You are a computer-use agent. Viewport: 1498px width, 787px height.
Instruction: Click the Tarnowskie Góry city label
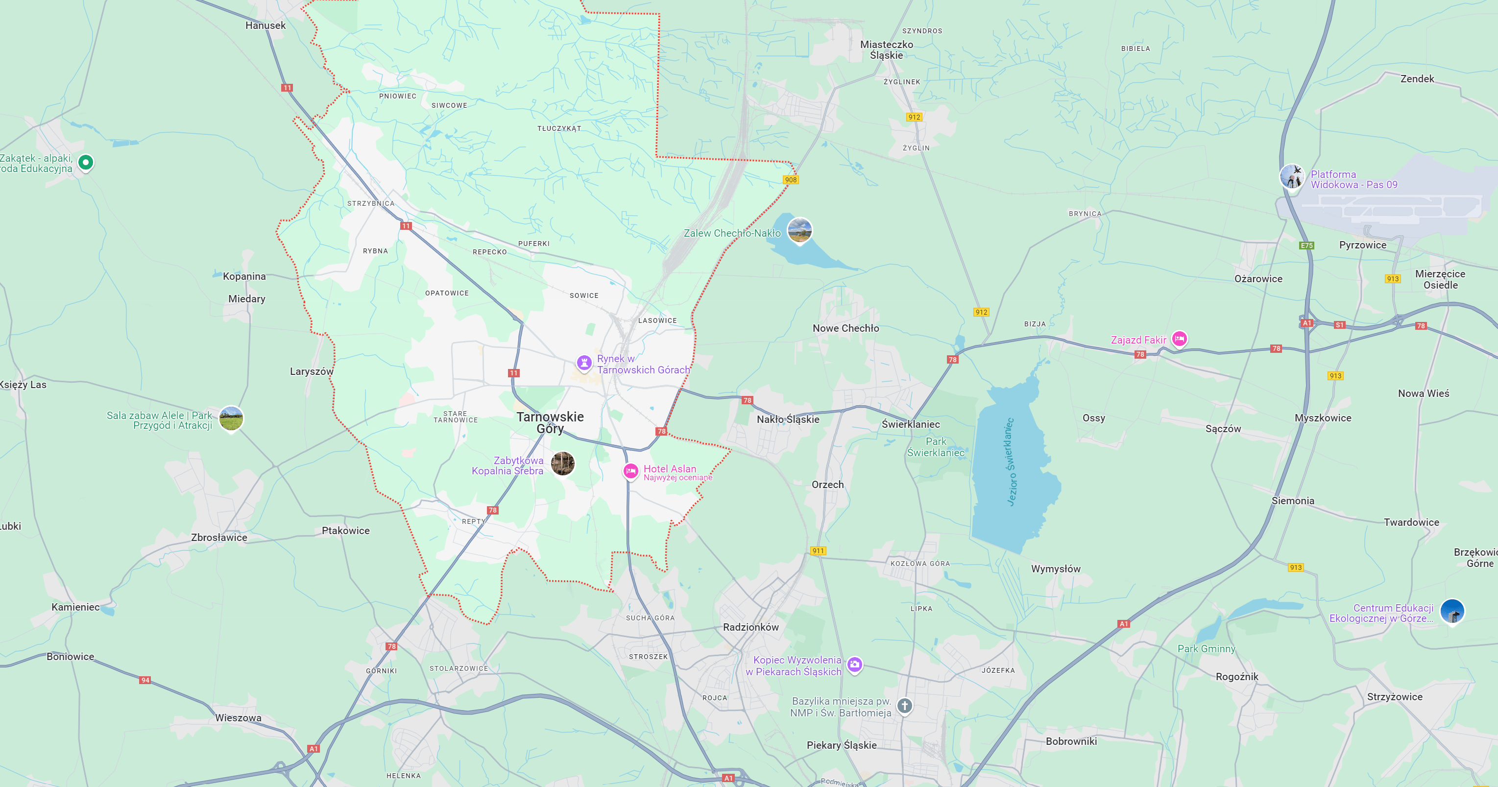click(x=550, y=422)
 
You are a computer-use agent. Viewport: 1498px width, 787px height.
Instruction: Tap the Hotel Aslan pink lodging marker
click(x=630, y=471)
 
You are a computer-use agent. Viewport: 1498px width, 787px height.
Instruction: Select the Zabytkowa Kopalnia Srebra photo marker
click(x=562, y=464)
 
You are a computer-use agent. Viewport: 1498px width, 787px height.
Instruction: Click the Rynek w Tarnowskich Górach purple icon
click(x=584, y=363)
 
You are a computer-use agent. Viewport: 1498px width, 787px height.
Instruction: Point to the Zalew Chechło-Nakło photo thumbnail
click(x=799, y=230)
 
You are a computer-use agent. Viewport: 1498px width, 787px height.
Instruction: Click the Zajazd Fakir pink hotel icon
click(x=1179, y=339)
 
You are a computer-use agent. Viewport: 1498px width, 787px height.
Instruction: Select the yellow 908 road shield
click(x=791, y=180)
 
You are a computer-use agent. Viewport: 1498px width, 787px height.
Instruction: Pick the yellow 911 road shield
click(x=818, y=550)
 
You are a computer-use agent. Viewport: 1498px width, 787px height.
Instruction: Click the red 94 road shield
click(x=145, y=680)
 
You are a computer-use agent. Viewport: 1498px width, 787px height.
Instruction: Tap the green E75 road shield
click(x=1306, y=246)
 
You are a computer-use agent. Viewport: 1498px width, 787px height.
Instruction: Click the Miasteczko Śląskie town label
click(x=886, y=50)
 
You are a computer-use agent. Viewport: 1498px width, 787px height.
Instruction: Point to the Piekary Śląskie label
click(x=841, y=745)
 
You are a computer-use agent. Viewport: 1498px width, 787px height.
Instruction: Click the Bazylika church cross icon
click(x=904, y=706)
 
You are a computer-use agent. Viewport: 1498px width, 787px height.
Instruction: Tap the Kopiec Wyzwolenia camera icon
click(x=854, y=664)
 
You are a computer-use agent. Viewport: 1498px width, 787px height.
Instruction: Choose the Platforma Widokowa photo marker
click(x=1292, y=176)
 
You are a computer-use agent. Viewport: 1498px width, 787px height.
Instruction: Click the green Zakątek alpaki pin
click(x=86, y=162)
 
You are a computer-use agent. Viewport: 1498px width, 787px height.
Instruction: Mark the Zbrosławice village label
click(x=219, y=538)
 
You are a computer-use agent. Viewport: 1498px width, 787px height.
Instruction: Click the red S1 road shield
click(x=1339, y=325)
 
